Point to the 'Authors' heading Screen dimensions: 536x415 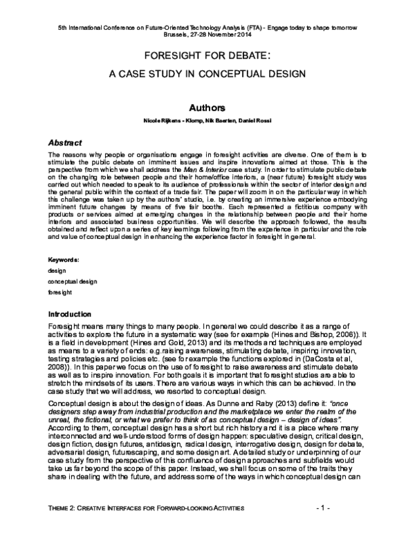tap(207, 108)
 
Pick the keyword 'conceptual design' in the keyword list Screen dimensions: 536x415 tap(68, 282)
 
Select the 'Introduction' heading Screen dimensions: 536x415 tap(68, 314)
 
